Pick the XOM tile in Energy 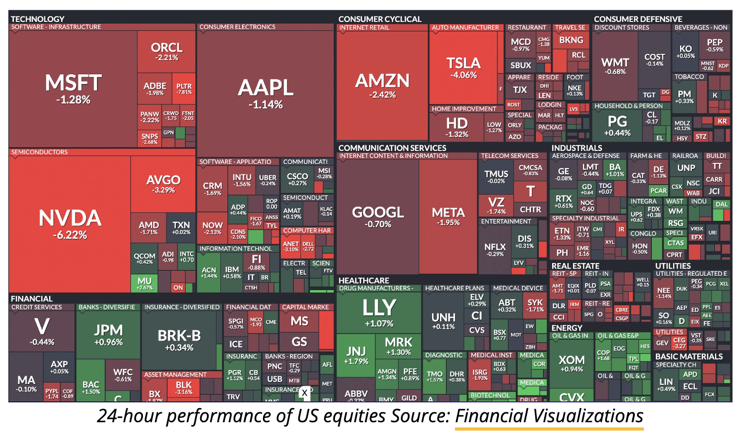[x=571, y=363]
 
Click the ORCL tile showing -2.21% [x=166, y=51]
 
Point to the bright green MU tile [x=145, y=283]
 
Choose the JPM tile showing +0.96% [x=108, y=334]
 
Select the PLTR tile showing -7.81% [x=184, y=88]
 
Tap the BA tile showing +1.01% [x=615, y=169]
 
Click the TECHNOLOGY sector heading [x=38, y=19]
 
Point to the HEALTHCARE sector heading [x=364, y=281]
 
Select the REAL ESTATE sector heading [x=575, y=266]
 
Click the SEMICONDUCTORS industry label [x=40, y=152]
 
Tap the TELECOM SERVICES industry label [x=509, y=156]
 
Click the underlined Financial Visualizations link [x=549, y=416]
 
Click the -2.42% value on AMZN [x=382, y=95]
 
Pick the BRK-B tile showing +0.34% [x=179, y=340]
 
